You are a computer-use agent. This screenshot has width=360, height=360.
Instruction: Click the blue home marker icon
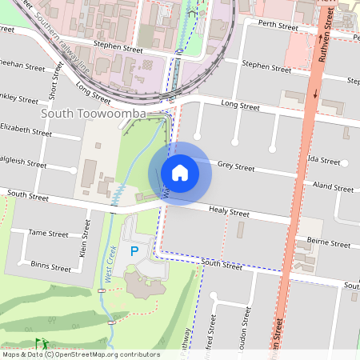[180, 172]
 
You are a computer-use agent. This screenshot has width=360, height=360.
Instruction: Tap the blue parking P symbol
[134, 251]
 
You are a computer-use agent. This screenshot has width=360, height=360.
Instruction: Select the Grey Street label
[236, 167]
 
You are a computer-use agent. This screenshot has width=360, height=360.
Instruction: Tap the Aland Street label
[334, 188]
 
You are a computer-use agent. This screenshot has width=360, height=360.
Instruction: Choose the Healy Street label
[229, 212]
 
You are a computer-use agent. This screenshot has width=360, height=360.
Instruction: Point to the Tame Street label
[49, 234]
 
